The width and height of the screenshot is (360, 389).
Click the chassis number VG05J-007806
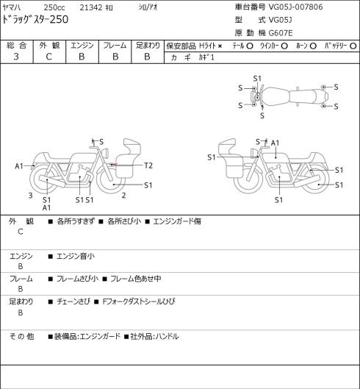click(x=296, y=7)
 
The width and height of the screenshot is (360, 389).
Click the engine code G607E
click(x=281, y=33)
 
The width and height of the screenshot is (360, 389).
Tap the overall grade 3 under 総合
click(x=16, y=57)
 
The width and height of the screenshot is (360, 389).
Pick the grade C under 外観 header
click(x=48, y=57)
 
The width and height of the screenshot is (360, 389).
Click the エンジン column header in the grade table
click(x=82, y=46)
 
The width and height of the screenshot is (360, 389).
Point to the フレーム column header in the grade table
click(x=115, y=46)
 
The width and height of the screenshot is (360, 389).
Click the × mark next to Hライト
click(x=220, y=46)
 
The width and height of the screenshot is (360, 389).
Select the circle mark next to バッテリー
click(x=353, y=46)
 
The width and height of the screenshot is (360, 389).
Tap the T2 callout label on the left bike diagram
click(x=148, y=165)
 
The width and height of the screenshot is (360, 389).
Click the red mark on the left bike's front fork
click(x=112, y=164)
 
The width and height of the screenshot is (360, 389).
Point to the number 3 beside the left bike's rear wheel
click(x=30, y=196)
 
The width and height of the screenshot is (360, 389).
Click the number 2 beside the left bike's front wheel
click(x=123, y=196)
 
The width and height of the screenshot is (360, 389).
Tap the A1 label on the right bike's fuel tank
click(x=275, y=143)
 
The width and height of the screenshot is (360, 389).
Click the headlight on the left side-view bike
click(x=106, y=152)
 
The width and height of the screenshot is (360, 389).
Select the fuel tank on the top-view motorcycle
click(x=276, y=96)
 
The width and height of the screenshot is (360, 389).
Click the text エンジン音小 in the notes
click(x=76, y=256)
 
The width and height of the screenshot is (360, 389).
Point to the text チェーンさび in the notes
click(x=73, y=301)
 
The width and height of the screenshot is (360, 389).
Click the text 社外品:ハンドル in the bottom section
click(x=154, y=336)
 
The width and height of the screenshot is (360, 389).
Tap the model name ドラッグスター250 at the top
click(x=35, y=19)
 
